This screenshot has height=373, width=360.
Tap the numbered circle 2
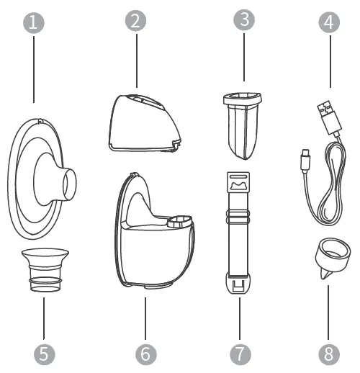[x=135, y=21]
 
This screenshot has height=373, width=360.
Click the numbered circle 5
[x=43, y=354]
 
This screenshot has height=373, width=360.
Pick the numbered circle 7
[x=241, y=354]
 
